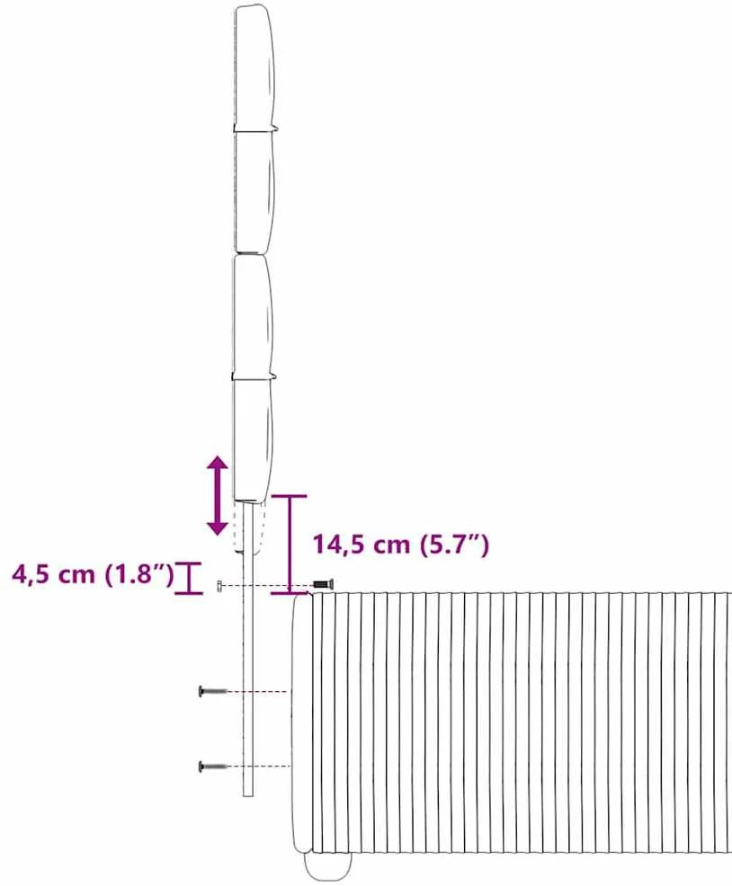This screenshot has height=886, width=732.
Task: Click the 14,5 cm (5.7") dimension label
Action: point(401,545)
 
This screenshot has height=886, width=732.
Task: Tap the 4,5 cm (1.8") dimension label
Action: point(94,575)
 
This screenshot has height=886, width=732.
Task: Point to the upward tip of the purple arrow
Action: point(218,456)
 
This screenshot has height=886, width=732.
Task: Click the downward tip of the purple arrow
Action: point(218,535)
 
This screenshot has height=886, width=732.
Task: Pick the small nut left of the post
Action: point(219,586)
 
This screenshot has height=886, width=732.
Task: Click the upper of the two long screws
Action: point(213,690)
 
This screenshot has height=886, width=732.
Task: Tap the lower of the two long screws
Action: point(213,766)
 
